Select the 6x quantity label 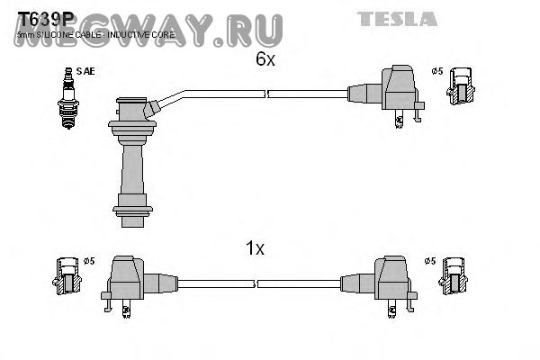pos(264,60)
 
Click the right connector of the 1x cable pos(387,281)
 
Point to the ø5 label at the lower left pos(88,262)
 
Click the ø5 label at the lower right pos(429,262)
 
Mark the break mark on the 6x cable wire pos(264,94)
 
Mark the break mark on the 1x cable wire pos(256,283)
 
